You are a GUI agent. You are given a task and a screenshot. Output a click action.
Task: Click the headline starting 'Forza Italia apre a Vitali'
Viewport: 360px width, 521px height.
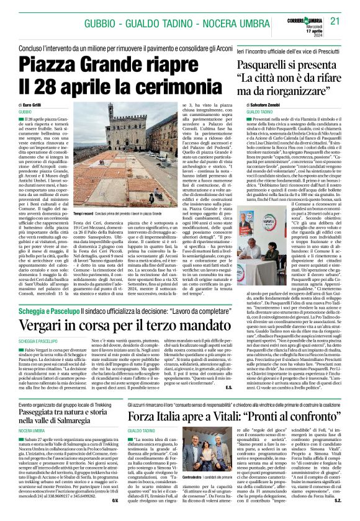233,396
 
